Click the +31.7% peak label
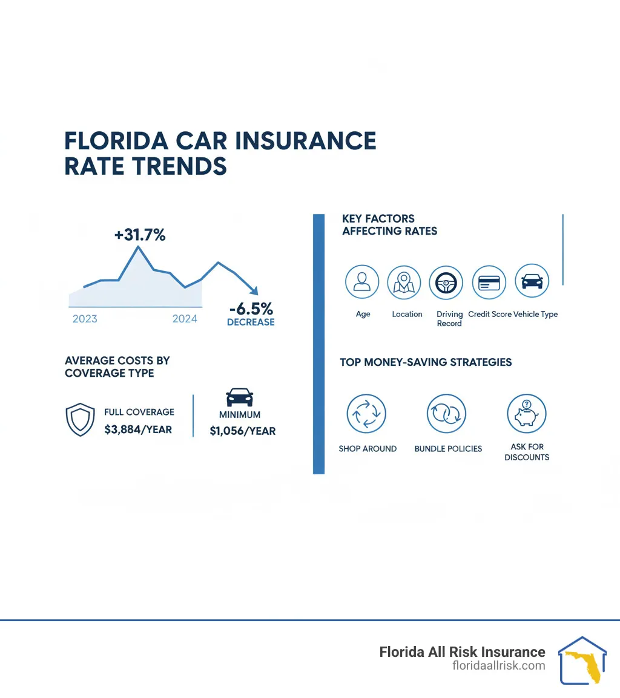(140, 235)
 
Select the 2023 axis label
(85, 319)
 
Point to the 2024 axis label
(185, 319)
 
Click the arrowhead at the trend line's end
(255, 292)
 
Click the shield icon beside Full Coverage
(80, 420)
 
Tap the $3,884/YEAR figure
(138, 430)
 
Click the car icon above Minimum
(239, 397)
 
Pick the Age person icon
(362, 282)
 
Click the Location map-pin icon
(404, 282)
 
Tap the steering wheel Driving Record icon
(446, 282)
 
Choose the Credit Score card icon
(488, 282)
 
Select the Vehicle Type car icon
(532, 281)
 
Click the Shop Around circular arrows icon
(366, 414)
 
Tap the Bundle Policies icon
(446, 414)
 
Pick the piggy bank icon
(526, 414)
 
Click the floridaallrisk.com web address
(498, 665)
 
